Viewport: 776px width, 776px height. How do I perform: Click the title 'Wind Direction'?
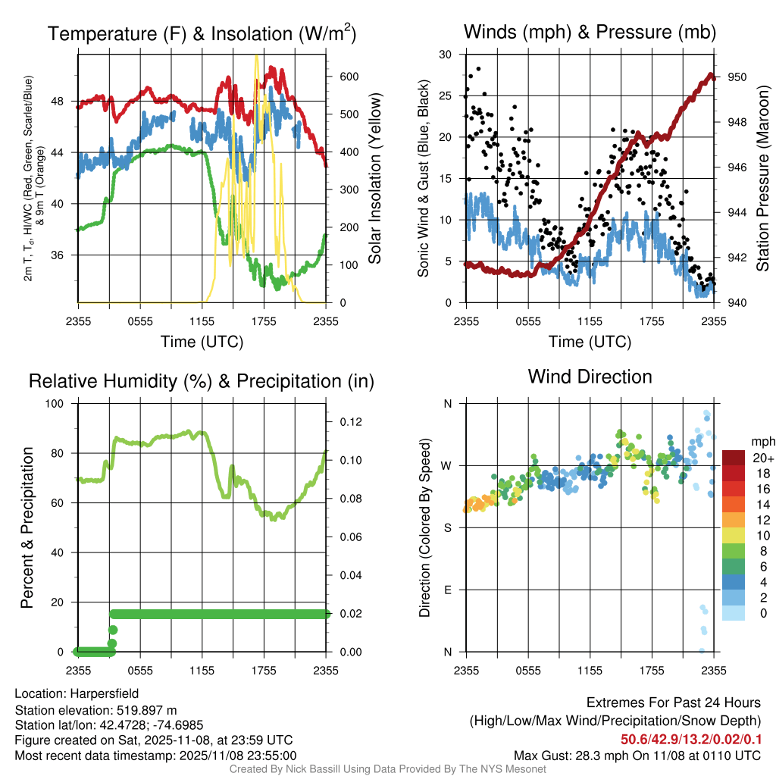tap(590, 377)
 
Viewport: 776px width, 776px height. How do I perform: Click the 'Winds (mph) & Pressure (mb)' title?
tap(590, 32)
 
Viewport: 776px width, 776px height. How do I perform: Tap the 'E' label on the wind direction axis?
tap(447, 590)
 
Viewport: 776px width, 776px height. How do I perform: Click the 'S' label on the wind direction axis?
tap(447, 527)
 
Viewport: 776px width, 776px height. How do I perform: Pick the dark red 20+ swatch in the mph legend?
tap(734, 458)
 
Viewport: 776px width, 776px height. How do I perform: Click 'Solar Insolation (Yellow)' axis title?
tap(375, 179)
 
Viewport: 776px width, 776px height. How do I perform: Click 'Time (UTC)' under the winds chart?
tap(590, 342)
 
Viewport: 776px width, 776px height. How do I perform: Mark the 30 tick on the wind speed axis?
tap(446, 55)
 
